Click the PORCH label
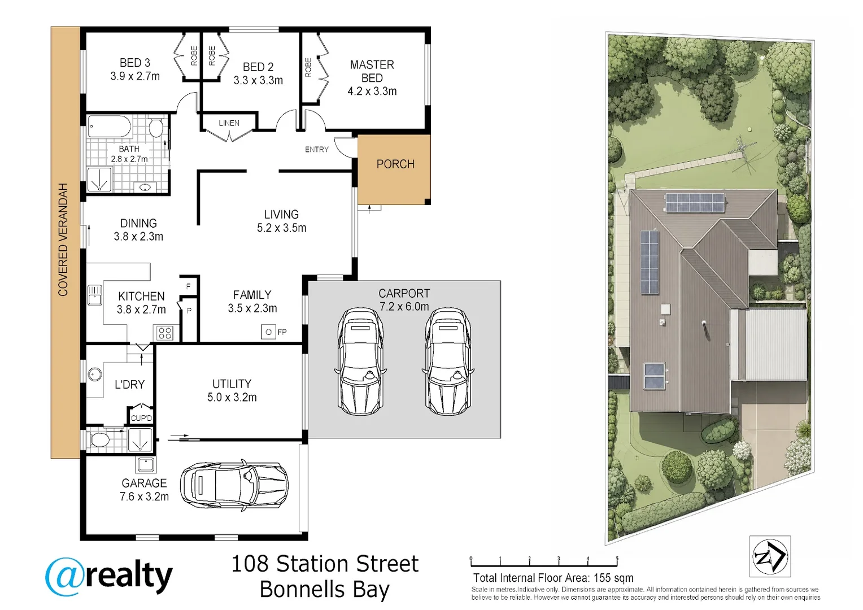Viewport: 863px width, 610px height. pos(395,164)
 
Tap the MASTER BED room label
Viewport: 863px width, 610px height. pos(372,71)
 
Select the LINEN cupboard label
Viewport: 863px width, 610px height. pos(229,123)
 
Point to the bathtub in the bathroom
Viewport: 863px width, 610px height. pos(110,127)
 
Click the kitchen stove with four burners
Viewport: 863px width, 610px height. pos(165,333)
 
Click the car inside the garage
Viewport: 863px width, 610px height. pos(234,485)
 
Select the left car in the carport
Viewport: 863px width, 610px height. pos(360,361)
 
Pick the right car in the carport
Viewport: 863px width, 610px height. pos(448,361)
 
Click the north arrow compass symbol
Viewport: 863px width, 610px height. pos(770,556)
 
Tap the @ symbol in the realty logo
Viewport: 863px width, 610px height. pos(64,577)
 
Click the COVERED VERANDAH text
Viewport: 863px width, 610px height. pos(63,239)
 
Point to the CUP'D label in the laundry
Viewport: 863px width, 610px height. pos(141,418)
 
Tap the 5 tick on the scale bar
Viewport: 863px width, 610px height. pos(617,561)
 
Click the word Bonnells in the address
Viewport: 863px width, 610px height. pos(302,590)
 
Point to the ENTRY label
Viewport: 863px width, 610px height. pos(317,150)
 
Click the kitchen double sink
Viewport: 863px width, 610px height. pos(95,295)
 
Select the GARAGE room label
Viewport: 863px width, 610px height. pos(144,483)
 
